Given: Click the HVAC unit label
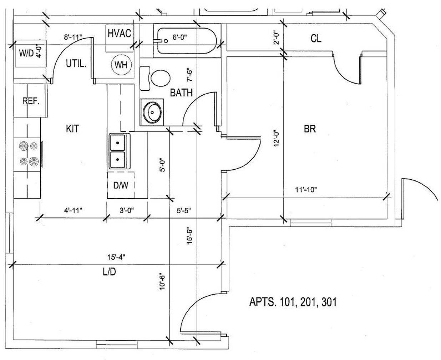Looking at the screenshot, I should pos(119,33).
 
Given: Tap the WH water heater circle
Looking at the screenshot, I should pos(121,65).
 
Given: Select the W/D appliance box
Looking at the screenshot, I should pos(29,53).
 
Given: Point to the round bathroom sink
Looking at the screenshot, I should pos(153,112).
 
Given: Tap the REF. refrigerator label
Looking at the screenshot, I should pos(31,101).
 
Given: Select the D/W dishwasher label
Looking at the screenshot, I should pos(121,185).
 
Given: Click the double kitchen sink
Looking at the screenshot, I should pos(117,151).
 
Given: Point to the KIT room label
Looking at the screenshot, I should pos(72,129).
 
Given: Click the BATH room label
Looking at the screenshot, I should pos(181,93).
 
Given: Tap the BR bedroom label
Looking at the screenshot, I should pos(310,129).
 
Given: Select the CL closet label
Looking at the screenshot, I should pos(316,38).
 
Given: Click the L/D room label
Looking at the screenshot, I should pos(110,272).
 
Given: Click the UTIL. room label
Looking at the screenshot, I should pos(76,64).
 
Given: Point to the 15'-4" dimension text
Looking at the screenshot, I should pos(116,256).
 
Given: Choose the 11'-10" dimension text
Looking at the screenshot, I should pos(306,190).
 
